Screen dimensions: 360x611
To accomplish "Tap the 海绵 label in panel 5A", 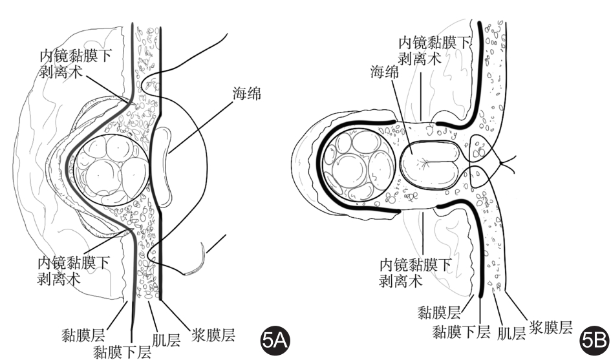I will pyautogui.click(x=246, y=95).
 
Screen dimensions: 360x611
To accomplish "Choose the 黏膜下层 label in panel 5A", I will pyautogui.click(x=123, y=352).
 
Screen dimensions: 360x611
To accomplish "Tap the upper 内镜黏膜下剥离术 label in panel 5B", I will pyautogui.click(x=434, y=50).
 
